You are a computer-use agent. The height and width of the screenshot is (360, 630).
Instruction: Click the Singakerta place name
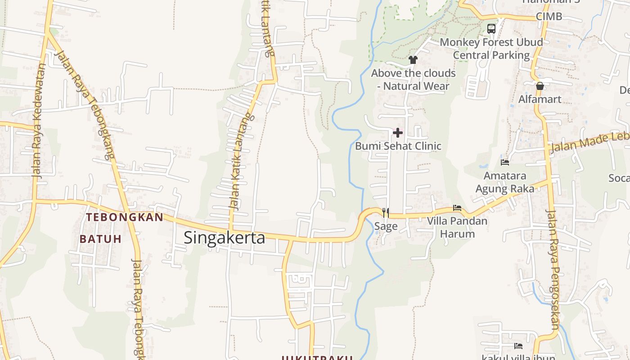tap(224, 237)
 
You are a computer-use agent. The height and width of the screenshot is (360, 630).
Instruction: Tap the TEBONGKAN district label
tap(125, 217)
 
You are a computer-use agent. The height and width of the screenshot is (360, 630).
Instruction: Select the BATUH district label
tap(101, 239)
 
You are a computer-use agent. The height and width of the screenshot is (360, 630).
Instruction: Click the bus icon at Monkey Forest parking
tap(491, 29)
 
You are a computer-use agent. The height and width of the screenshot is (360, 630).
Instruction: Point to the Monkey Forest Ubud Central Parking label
tap(491, 49)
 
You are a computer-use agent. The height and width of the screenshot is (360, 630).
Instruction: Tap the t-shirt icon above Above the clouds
tap(413, 59)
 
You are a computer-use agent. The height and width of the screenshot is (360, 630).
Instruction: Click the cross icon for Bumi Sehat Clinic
tap(398, 132)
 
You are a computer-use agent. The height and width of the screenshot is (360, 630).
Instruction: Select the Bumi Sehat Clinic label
tap(398, 146)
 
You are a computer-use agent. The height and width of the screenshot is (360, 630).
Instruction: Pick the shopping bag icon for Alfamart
tap(540, 85)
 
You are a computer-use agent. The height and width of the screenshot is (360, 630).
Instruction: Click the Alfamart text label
tap(540, 99)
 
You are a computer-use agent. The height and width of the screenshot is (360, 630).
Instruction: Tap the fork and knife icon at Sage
tap(386, 212)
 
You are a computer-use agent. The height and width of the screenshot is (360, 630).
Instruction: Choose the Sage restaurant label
tap(386, 226)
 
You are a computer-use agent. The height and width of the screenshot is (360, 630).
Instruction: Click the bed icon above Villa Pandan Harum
tap(457, 208)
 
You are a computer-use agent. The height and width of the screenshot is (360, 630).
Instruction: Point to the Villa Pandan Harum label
tap(457, 227)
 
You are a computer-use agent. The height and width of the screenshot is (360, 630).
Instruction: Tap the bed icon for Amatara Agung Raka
tap(505, 162)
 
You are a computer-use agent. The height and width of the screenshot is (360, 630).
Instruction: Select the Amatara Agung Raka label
tap(505, 182)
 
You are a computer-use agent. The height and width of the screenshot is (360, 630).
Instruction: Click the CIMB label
tap(549, 17)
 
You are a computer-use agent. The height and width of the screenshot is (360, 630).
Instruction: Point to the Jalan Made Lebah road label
tap(589, 142)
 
